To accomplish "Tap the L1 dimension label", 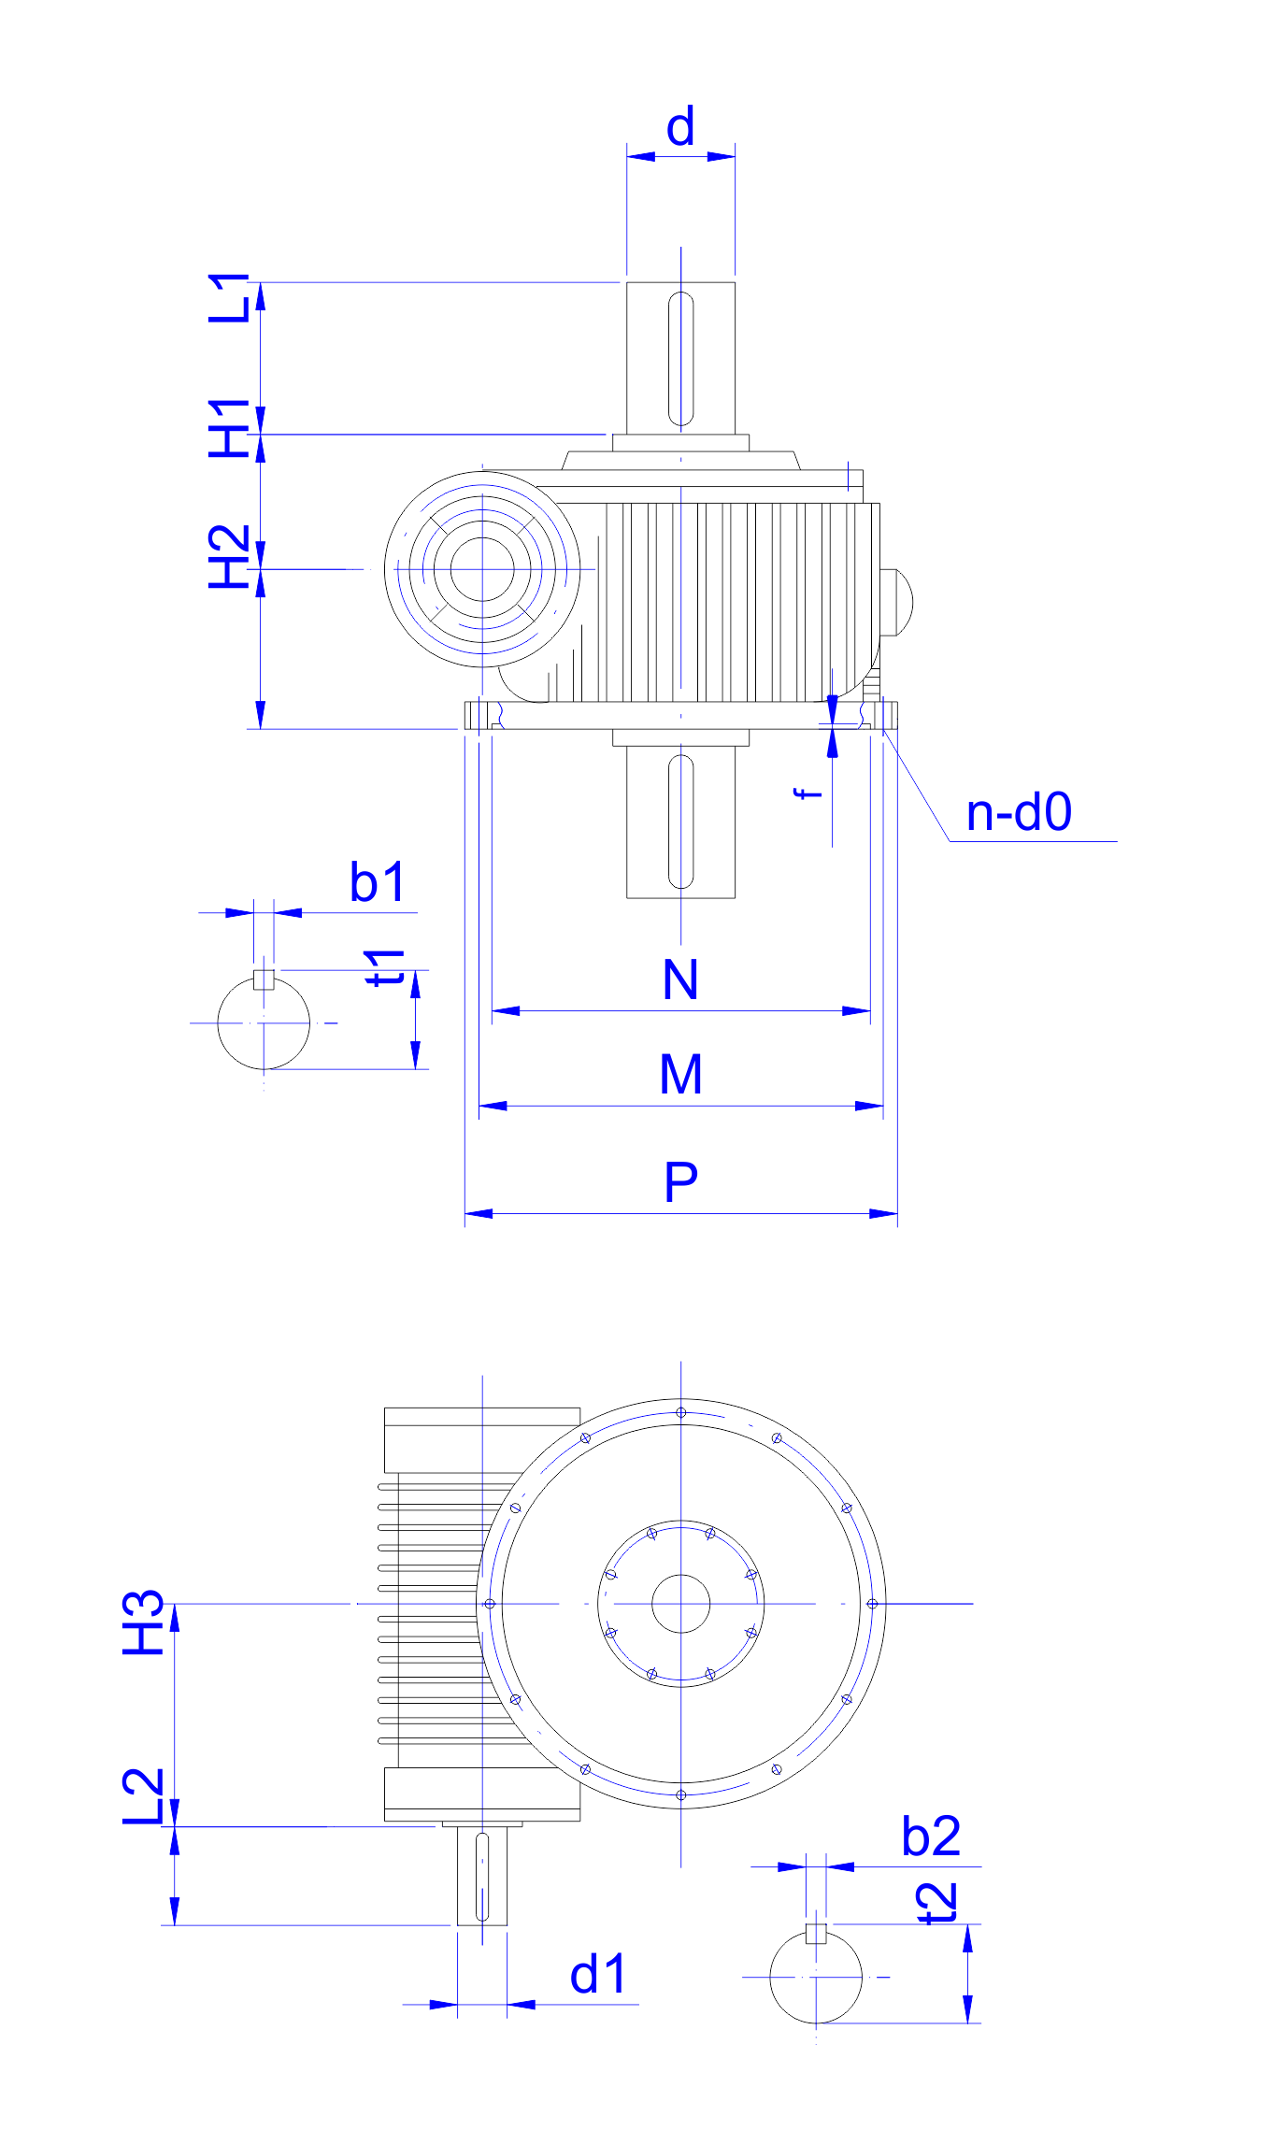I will [x=229, y=298].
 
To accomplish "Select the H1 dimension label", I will [x=229, y=428].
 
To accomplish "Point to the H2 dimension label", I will [x=229, y=557].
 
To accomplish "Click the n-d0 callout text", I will [x=1018, y=812].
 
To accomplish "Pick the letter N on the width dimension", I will [x=680, y=979].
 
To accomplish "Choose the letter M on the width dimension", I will [x=680, y=1074].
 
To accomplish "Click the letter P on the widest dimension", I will [x=680, y=1182].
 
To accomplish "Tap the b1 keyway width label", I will [x=378, y=881].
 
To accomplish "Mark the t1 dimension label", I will [x=385, y=967].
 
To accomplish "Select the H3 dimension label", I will [x=144, y=1622].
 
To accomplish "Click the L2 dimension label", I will [x=144, y=1795].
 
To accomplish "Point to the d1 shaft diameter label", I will [x=597, y=1975].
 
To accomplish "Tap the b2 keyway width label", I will [x=931, y=1837].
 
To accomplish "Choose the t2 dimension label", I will [x=937, y=1903].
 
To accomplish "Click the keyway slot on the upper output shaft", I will [x=681, y=358].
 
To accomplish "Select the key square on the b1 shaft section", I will [x=264, y=979].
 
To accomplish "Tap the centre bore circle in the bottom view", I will [x=681, y=1604].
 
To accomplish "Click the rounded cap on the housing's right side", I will [x=898, y=602].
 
